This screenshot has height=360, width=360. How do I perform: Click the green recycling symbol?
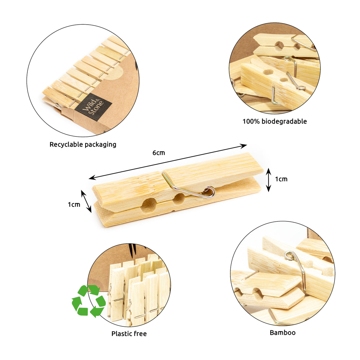88,301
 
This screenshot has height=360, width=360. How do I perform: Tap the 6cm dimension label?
159,153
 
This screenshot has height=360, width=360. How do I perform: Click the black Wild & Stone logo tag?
93,107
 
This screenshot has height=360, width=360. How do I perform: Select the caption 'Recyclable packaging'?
83,145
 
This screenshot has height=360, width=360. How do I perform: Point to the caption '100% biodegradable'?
274,121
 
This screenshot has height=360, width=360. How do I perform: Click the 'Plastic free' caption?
129,334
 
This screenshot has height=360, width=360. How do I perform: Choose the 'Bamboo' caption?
282,333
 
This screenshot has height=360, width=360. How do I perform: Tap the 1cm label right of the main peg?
281,179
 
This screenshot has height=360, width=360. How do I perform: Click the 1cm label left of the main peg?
74,205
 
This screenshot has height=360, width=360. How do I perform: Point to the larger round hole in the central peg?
149,205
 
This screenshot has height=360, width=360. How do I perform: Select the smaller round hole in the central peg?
179,199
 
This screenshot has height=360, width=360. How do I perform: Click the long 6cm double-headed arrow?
168,162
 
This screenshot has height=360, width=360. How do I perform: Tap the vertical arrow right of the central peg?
268,180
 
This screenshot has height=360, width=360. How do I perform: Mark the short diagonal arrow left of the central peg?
86,201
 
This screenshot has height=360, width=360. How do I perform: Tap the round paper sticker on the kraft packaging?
112,73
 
